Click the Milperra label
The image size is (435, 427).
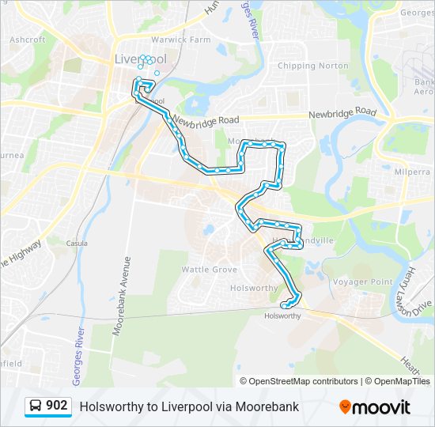click(x=411, y=171)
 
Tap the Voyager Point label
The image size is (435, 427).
click(x=362, y=282)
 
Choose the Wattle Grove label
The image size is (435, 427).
click(x=210, y=270)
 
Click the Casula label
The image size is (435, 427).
click(x=77, y=243)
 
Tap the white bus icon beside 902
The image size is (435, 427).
click(x=36, y=406)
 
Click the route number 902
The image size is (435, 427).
click(x=57, y=406)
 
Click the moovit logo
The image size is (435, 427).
click(x=375, y=407)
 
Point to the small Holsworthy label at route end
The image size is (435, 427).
click(x=282, y=316)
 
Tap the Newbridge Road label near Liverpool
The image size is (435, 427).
click(x=206, y=121)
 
